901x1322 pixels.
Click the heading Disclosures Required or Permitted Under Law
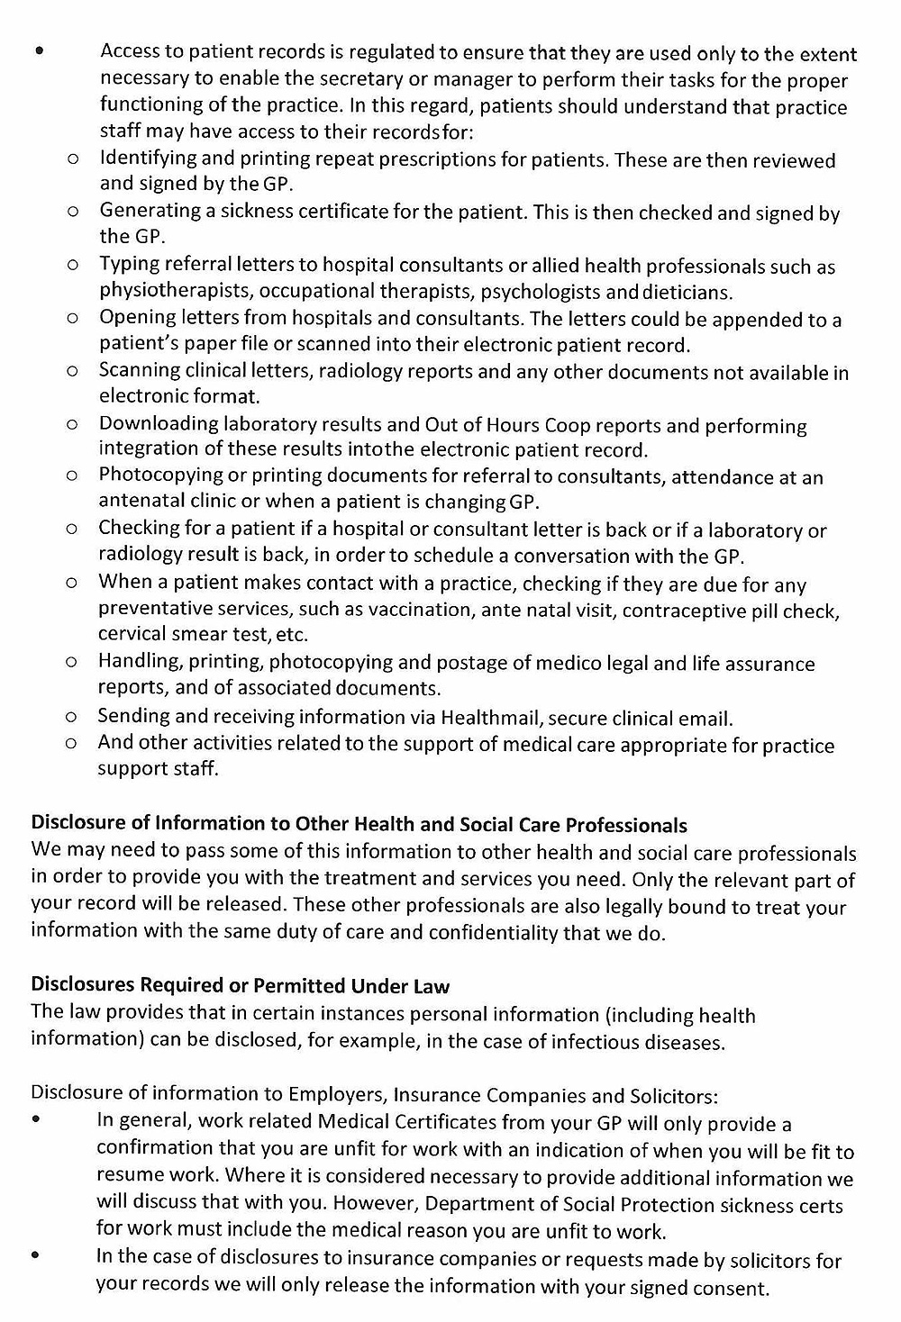pos(240,984)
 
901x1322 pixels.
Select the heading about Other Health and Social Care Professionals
pos(359,825)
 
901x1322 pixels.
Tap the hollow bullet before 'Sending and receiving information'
pos(71,718)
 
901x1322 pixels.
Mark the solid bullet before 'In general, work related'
pos(36,1121)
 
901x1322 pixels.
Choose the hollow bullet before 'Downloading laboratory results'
pos(71,424)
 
